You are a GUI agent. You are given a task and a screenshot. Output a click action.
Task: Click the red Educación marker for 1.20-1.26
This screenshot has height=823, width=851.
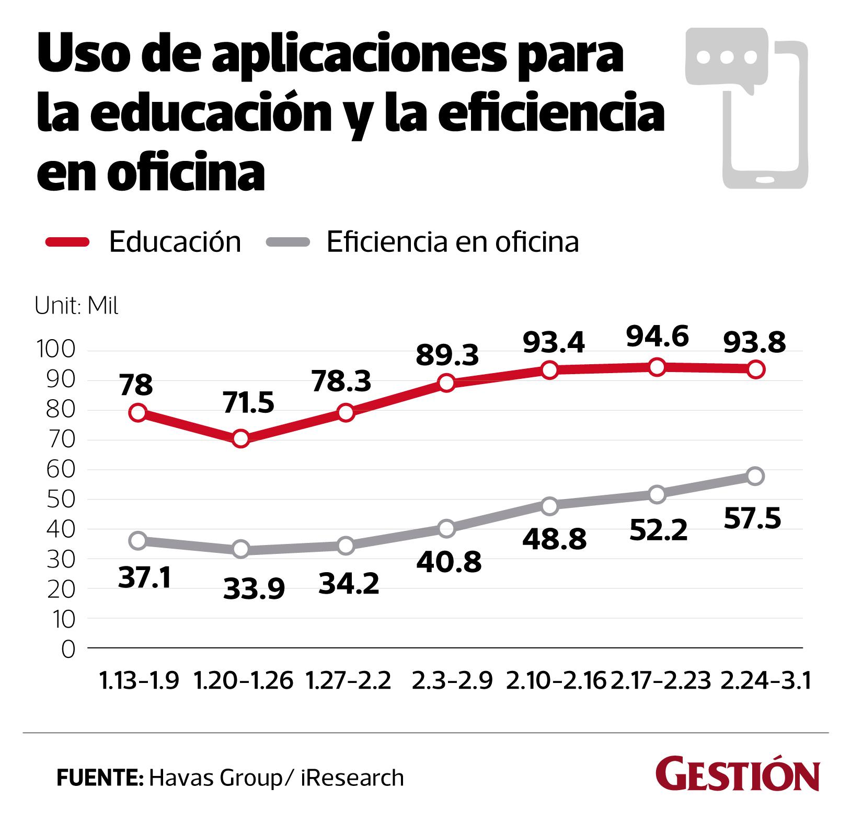[x=241, y=438]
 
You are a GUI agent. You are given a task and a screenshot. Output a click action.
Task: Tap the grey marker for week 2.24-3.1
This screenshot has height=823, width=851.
[x=755, y=476]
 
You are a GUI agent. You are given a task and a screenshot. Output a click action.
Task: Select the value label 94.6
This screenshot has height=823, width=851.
[x=657, y=335]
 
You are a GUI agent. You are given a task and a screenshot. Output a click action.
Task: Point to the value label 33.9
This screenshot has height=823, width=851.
[x=254, y=588]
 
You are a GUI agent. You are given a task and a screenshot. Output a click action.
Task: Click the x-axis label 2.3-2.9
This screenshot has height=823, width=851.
[x=452, y=681]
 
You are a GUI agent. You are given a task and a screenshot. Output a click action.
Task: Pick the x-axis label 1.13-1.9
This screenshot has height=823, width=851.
[x=139, y=681]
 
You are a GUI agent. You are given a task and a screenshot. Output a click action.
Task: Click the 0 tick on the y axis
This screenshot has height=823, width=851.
[x=68, y=649]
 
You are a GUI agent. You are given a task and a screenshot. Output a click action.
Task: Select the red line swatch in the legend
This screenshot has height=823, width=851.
[x=67, y=241]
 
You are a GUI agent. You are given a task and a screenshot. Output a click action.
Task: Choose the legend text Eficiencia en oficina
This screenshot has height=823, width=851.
[x=453, y=242]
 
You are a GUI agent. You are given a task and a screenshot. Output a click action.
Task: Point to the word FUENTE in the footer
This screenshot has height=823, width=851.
[x=99, y=778]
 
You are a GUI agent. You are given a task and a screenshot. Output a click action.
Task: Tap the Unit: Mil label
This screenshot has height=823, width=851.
[x=77, y=306]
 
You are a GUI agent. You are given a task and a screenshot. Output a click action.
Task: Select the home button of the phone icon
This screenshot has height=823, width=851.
[x=765, y=179]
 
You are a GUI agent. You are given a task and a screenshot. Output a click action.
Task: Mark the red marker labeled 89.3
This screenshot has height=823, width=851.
[x=446, y=383]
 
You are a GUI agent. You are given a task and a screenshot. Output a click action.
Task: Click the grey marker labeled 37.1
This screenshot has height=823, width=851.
[x=138, y=540]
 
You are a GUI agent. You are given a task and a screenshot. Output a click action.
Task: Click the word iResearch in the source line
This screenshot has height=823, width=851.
[x=352, y=778]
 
